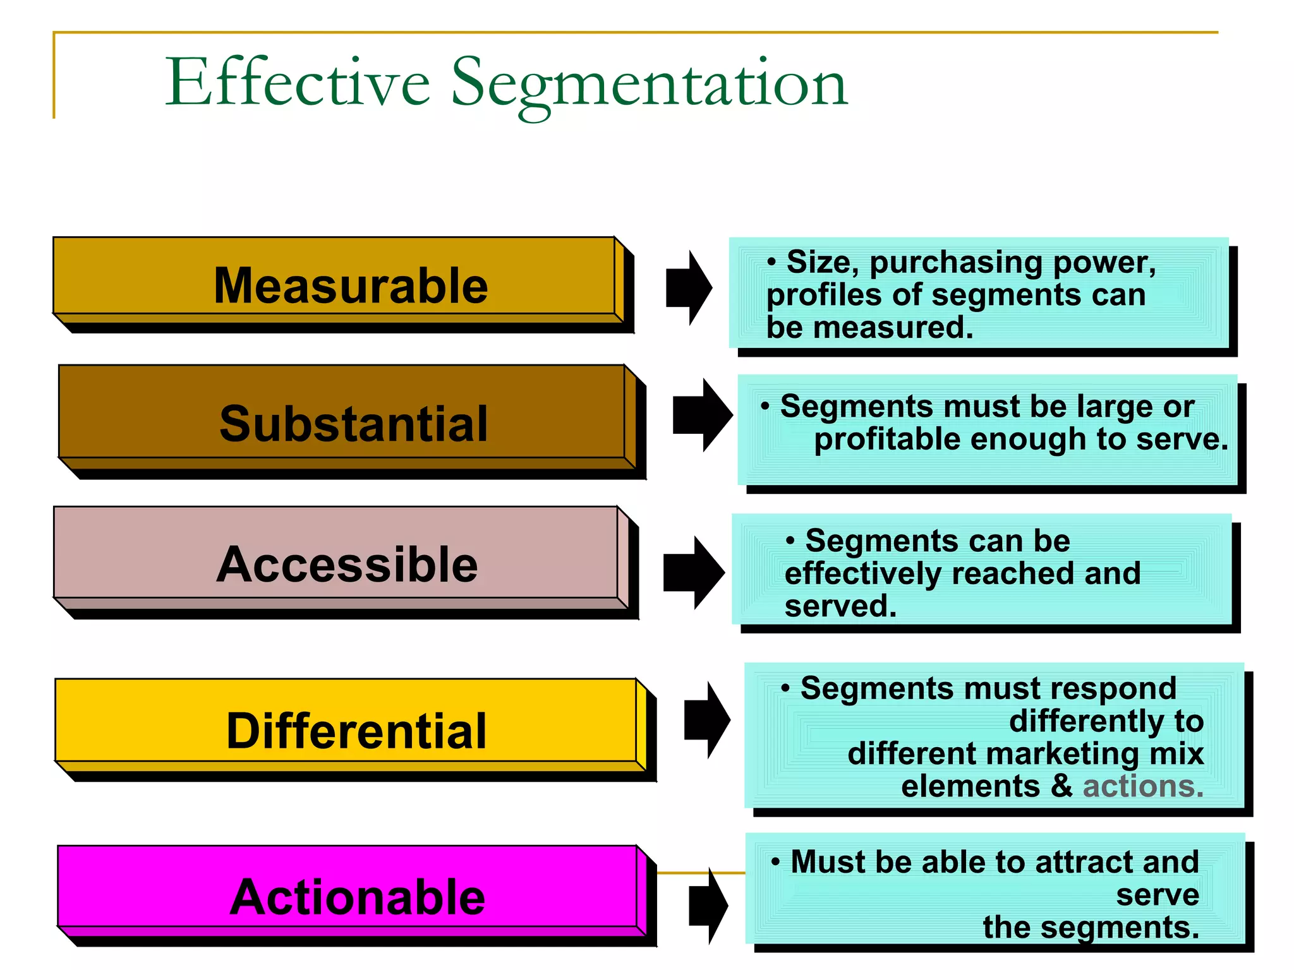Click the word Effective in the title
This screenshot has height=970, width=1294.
(x=297, y=82)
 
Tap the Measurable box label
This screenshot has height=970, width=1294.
(x=351, y=285)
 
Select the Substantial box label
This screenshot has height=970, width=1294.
(x=353, y=423)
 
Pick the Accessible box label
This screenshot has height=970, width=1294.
(x=347, y=564)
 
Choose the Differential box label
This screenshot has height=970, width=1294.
(x=356, y=731)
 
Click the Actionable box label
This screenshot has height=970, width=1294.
(x=357, y=897)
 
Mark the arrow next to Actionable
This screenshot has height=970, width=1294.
(x=708, y=906)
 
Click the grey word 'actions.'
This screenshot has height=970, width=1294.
(x=1143, y=786)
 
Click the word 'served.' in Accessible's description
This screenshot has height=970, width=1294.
(x=840, y=606)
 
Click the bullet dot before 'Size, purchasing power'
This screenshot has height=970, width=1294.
(x=771, y=261)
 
